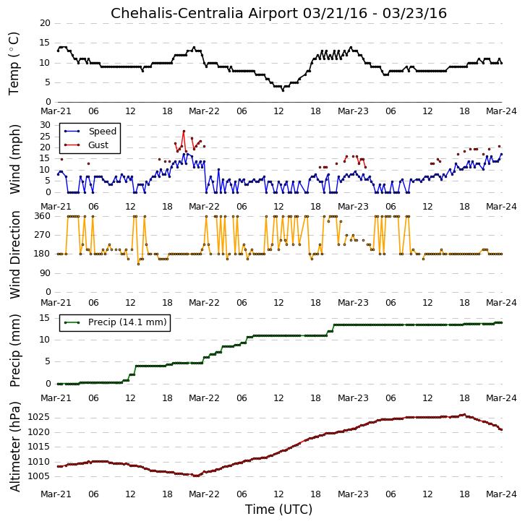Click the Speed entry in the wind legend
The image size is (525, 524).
[x=103, y=131]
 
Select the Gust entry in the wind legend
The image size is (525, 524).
[x=98, y=145]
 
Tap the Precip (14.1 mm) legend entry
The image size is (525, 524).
[x=127, y=322]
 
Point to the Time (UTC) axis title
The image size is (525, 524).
[x=278, y=510]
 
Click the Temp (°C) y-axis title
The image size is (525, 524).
[x=14, y=64]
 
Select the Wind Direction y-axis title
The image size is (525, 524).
[x=14, y=254]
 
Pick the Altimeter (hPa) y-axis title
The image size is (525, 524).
[x=14, y=447]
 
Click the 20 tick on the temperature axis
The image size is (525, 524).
[x=45, y=23]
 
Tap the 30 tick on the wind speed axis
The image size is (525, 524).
[x=45, y=125]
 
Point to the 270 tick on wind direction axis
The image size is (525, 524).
[x=42, y=235]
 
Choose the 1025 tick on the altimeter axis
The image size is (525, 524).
[x=38, y=417]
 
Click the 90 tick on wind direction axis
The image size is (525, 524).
[x=45, y=273]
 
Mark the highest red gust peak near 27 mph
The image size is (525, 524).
[x=184, y=131]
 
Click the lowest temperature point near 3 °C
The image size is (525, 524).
[x=283, y=90]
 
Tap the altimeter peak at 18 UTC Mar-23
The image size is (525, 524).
[x=464, y=415]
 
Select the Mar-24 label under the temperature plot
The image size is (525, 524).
[x=501, y=111]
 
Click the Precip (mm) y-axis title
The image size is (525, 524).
[x=14, y=351]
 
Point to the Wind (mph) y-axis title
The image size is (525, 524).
[x=14, y=159]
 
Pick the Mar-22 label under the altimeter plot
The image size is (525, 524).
[x=204, y=494]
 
